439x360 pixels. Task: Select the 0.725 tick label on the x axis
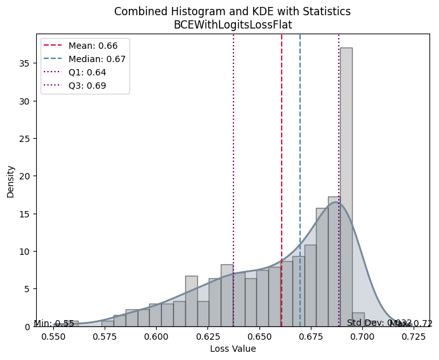tap(414, 337)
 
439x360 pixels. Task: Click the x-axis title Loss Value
tap(233, 349)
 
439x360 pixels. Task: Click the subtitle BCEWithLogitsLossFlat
tap(233, 25)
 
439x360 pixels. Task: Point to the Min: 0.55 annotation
tap(54, 323)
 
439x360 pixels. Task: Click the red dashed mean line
tap(282, 158)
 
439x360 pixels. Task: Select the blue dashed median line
tap(300, 158)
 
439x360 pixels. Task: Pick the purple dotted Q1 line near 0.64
tap(233, 158)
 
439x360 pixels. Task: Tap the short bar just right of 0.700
tap(358, 319)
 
